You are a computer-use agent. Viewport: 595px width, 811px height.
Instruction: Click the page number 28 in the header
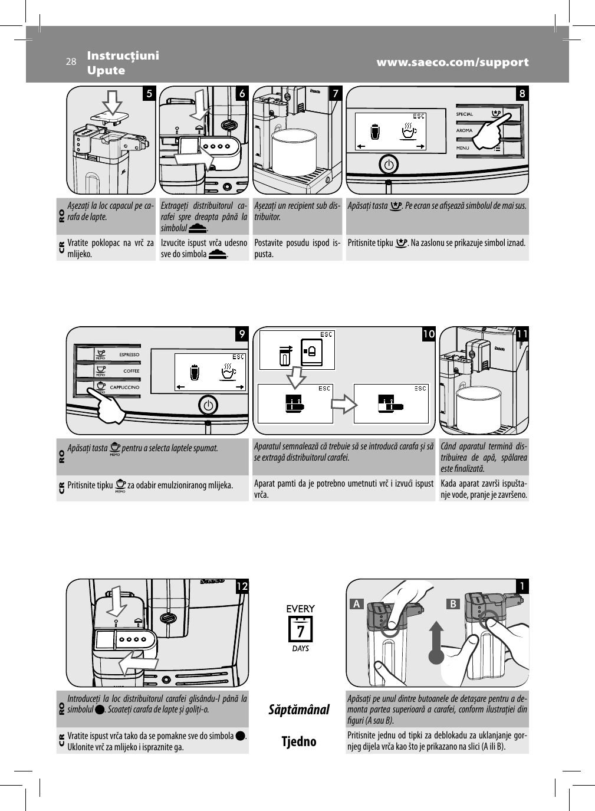click(x=71, y=62)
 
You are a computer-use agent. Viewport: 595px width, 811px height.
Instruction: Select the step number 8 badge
click(x=522, y=93)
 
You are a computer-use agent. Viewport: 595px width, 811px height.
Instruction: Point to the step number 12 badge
click(x=242, y=586)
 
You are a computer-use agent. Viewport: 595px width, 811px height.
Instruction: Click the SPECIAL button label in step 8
click(x=465, y=114)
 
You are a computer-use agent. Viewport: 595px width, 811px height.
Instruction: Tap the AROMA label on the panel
click(x=464, y=130)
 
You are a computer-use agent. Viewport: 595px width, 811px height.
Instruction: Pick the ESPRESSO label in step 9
click(x=130, y=354)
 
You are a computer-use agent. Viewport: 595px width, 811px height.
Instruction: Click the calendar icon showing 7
click(x=301, y=629)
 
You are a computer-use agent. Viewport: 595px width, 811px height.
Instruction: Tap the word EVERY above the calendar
click(x=301, y=609)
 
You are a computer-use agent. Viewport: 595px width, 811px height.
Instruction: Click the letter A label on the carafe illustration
click(x=356, y=604)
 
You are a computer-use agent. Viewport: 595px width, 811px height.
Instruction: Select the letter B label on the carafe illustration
click(x=453, y=604)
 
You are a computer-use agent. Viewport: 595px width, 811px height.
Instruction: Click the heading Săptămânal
click(x=299, y=710)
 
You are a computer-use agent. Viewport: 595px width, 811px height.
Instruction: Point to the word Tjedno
click(x=299, y=741)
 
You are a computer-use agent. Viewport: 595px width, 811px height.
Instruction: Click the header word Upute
click(x=106, y=71)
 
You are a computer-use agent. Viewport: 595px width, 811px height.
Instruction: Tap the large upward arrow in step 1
click(x=436, y=642)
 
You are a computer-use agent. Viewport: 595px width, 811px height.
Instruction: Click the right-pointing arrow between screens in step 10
click(x=341, y=404)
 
